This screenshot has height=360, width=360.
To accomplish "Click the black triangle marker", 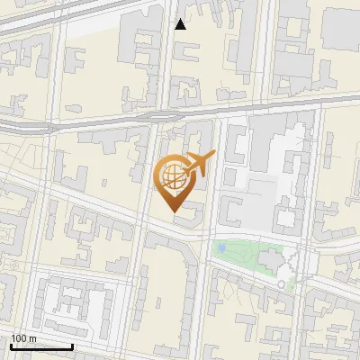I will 181,24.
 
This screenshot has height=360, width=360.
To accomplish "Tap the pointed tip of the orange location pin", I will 172,211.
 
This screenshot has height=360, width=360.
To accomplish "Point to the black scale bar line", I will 41,346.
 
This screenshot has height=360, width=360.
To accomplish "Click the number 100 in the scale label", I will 19,338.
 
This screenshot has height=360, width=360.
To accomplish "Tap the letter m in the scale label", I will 32,338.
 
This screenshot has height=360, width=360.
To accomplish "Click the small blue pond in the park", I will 221,248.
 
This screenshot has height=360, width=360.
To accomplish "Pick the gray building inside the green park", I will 270,259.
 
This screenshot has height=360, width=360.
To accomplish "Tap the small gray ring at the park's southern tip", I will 282,284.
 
